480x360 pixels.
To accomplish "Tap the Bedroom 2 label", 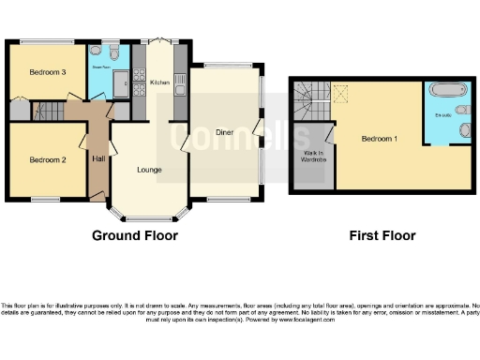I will pos(46,159).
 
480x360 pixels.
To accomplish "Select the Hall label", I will pos(98,158).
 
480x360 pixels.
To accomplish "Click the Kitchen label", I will pos(158,83).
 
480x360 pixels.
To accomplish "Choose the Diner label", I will pos(223,132).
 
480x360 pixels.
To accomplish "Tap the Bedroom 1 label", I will pos(380,139).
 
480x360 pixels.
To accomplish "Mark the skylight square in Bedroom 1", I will pos(342,91).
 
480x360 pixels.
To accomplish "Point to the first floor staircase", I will pos(309,95).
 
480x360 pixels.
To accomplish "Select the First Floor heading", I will pos(382,235).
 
